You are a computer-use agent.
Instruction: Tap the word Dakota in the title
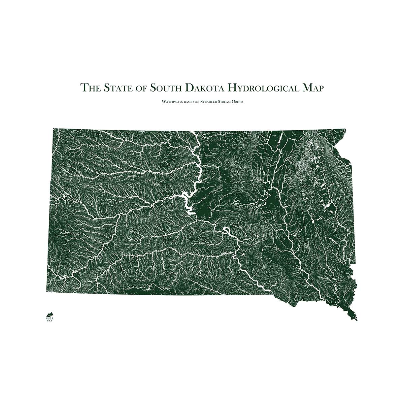(204, 88)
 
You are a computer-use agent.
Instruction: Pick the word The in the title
(90, 88)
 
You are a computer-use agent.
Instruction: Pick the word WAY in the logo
(49, 320)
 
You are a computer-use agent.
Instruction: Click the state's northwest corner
(54, 129)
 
